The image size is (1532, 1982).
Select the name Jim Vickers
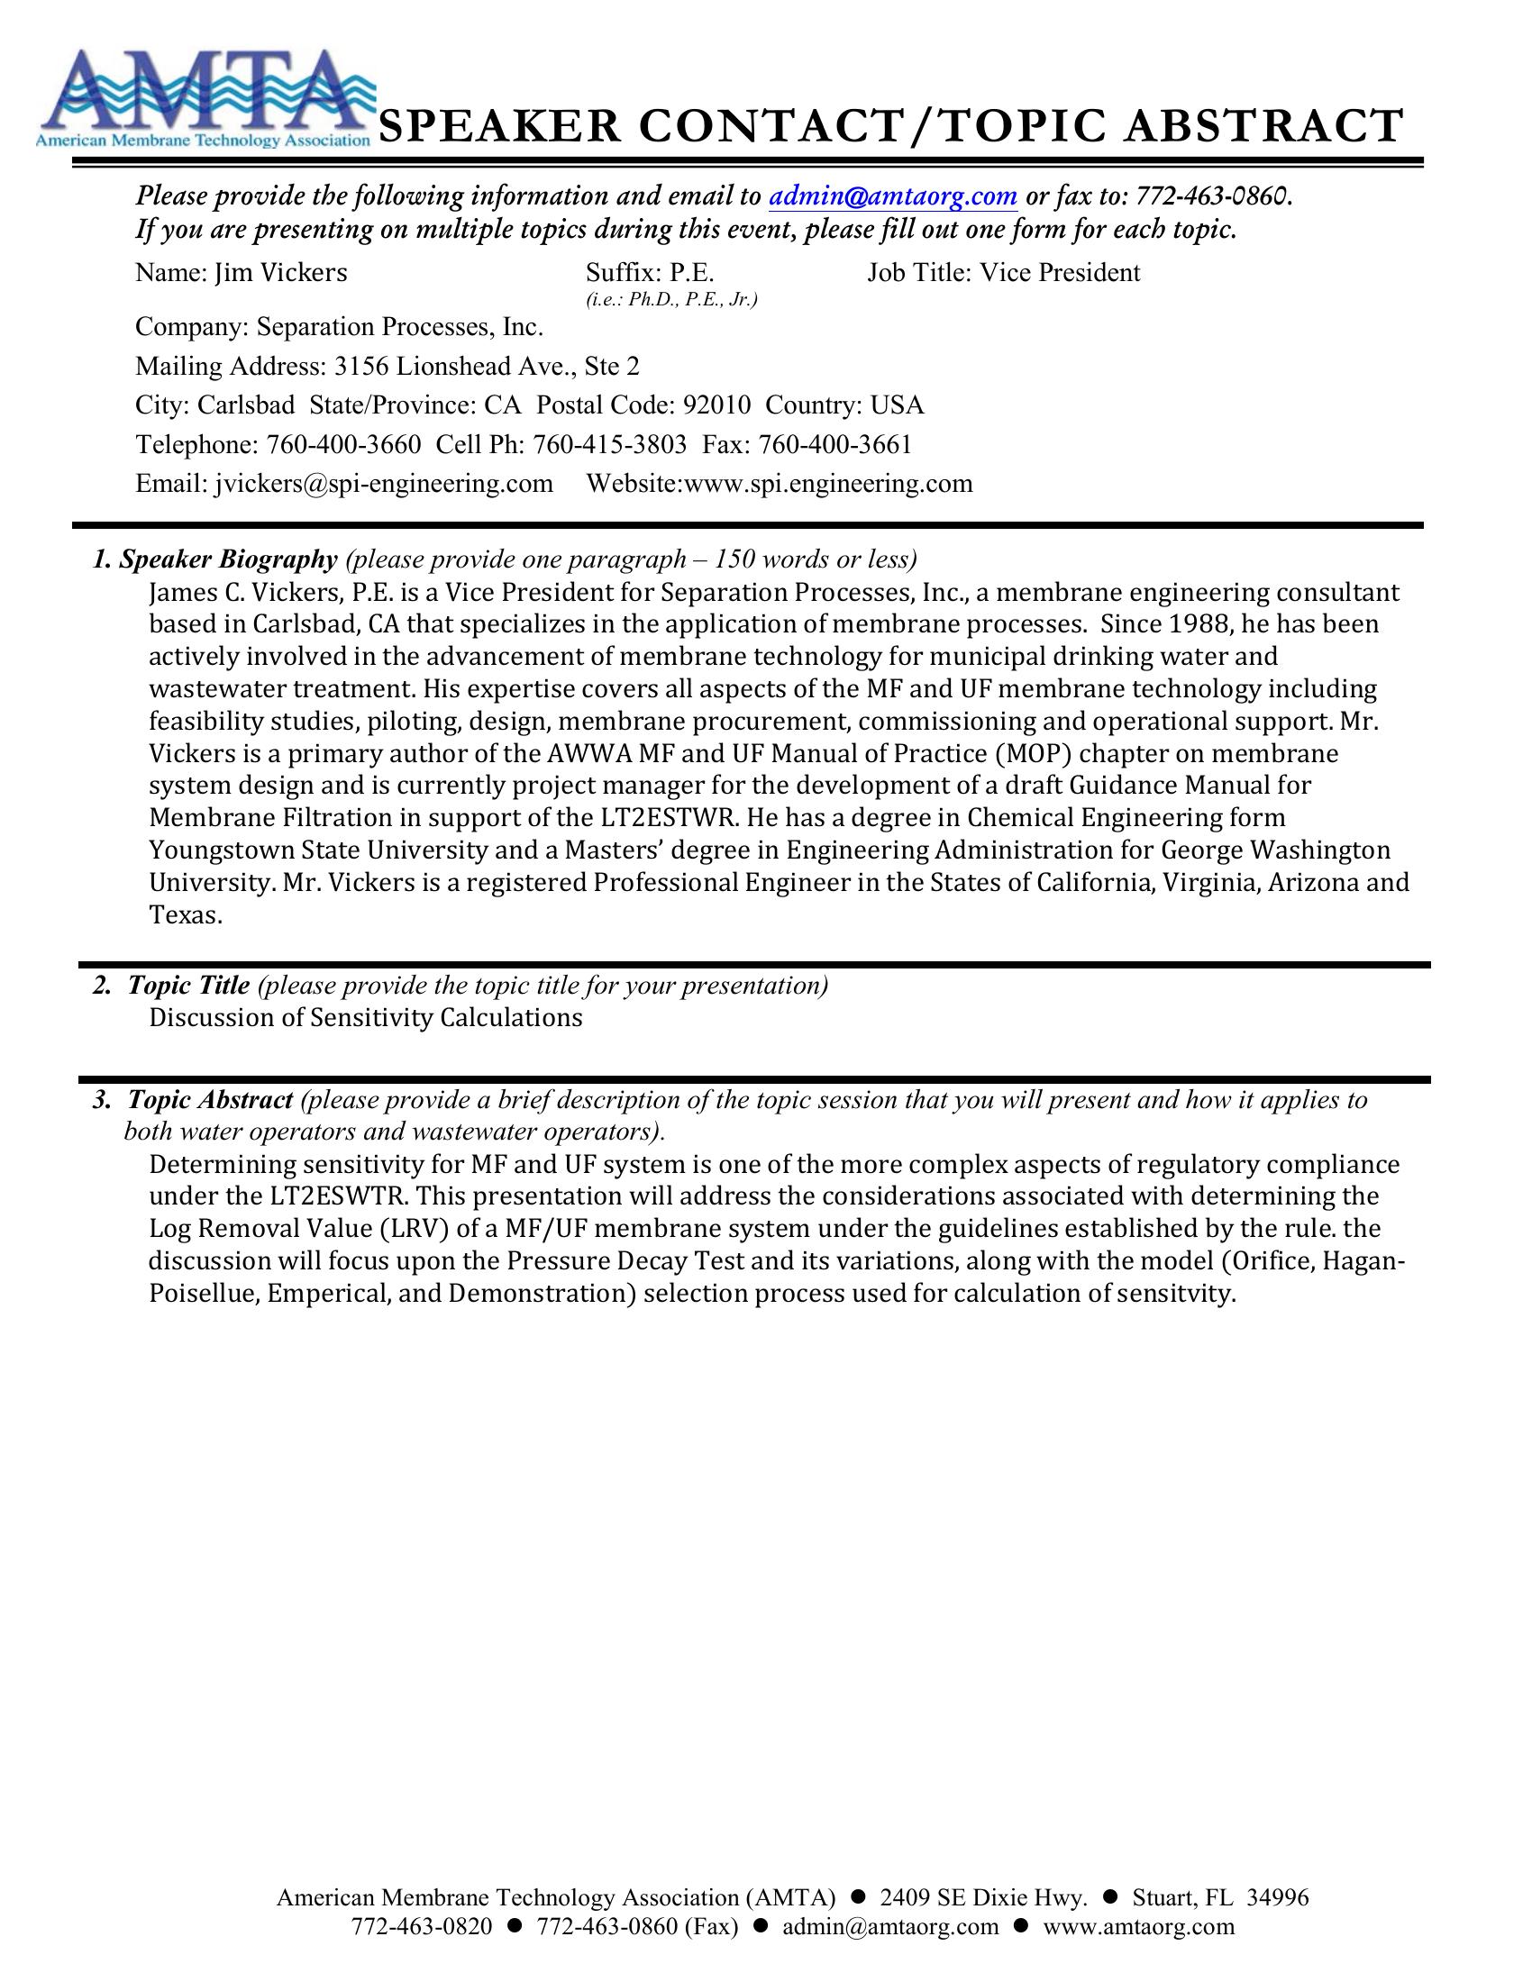pos(280,273)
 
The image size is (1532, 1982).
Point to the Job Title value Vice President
pos(1059,273)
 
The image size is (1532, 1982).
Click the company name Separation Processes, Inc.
pos(399,327)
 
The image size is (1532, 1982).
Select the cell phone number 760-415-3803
pos(609,445)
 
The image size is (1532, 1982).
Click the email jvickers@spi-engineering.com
pos(384,484)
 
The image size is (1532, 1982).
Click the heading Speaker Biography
pos(227,559)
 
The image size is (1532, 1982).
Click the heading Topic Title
pos(187,986)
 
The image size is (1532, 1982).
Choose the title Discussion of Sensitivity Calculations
pos(365,1018)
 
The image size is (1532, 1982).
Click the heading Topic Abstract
pos(210,1100)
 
